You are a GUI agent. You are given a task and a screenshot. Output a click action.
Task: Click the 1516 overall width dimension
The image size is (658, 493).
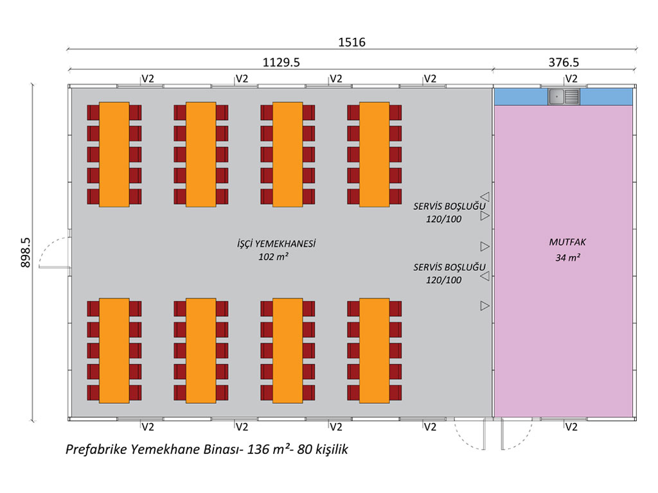pyautogui.click(x=351, y=42)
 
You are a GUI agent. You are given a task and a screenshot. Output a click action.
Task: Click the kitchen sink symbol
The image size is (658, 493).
pyautogui.click(x=564, y=97)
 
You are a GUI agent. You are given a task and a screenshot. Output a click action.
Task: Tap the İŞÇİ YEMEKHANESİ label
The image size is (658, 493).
pyautogui.click(x=277, y=244)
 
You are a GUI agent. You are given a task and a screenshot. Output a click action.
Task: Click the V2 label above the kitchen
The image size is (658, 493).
pyautogui.click(x=571, y=78)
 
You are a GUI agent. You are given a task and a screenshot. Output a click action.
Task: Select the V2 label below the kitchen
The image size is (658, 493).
pyautogui.click(x=571, y=427)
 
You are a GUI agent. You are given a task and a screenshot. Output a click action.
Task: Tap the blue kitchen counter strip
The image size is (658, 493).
pyautogui.click(x=520, y=97)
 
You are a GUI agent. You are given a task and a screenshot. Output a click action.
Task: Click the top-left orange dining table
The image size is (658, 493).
pyautogui.click(x=114, y=154)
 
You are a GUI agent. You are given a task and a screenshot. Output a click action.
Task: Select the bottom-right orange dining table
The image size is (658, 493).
pyautogui.click(x=375, y=350)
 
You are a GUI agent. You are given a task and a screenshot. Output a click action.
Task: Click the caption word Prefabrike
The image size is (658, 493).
pyautogui.click(x=96, y=450)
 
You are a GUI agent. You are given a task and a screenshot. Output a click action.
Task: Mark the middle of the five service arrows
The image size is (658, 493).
pyautogui.click(x=485, y=246)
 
